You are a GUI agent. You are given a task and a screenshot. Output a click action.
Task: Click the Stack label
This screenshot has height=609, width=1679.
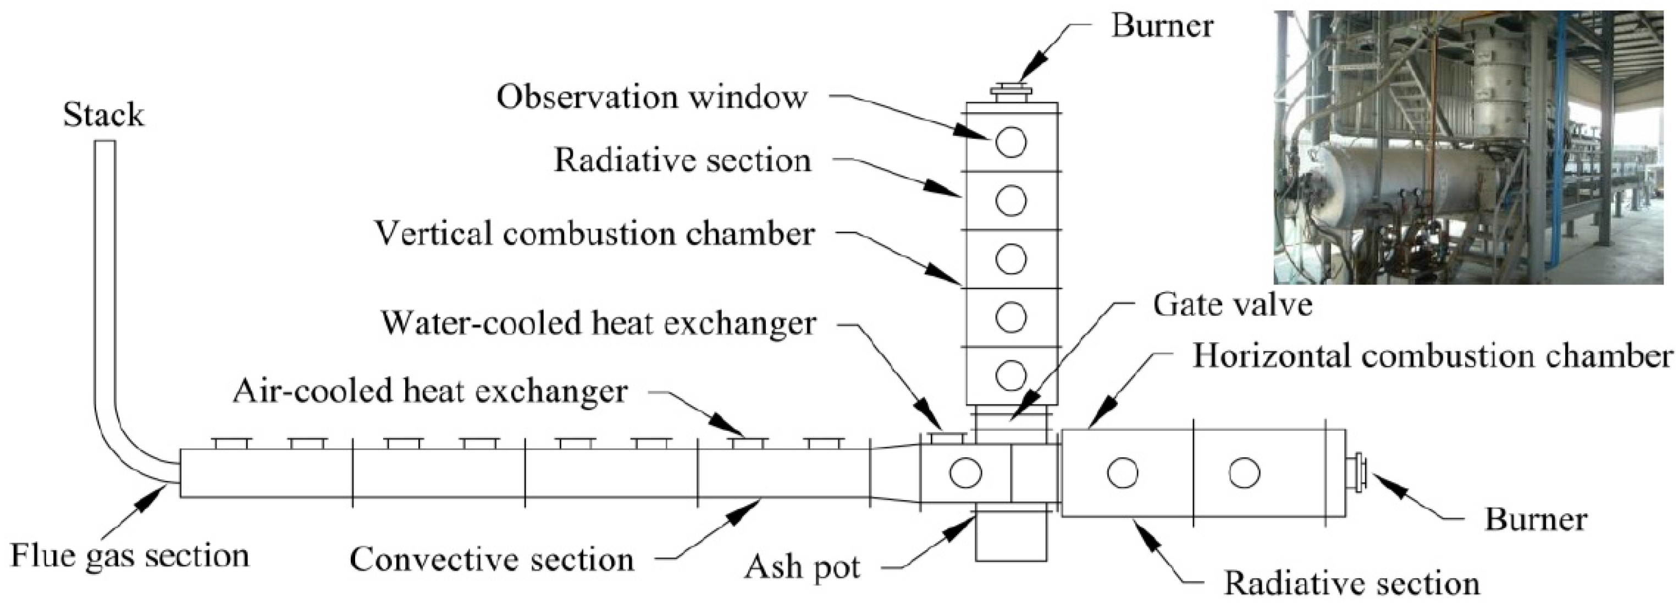pos(103,116)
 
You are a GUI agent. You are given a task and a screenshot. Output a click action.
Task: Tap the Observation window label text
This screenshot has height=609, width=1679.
pos(652,98)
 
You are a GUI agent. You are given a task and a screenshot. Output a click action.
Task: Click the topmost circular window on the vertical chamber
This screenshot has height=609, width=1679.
pos(1011,141)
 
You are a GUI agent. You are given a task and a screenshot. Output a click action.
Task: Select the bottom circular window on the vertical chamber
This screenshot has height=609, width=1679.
pos(1011,374)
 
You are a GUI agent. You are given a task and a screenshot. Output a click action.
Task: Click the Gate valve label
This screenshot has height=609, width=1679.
pos(1232,305)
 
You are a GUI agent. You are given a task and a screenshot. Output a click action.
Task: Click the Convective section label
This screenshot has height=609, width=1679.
pos(491,560)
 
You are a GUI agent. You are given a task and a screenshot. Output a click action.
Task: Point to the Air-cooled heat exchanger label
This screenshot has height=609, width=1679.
pos(430,391)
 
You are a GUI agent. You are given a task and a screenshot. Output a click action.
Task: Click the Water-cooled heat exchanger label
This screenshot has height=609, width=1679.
pos(598,323)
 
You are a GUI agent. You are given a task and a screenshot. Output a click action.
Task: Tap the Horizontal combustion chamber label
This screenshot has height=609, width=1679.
pos(1433,356)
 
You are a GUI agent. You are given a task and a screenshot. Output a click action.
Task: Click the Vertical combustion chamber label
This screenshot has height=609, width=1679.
pos(594,234)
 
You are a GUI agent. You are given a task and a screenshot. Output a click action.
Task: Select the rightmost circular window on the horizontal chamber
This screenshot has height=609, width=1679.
pos(1244,473)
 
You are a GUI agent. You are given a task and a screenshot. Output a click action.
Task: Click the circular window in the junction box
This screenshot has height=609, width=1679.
pos(965,473)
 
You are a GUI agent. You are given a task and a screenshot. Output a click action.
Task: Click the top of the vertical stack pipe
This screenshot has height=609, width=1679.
pos(105,145)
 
